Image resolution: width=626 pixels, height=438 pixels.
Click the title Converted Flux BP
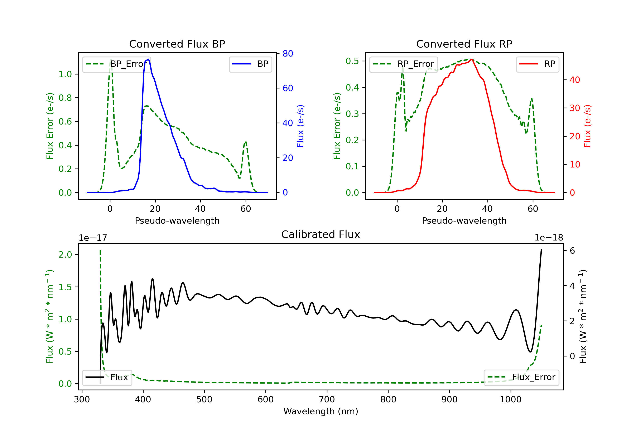(177, 44)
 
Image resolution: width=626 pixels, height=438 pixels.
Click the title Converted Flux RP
(464, 44)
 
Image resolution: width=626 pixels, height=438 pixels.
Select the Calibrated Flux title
(321, 234)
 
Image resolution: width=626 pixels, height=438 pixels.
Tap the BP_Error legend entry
(116, 64)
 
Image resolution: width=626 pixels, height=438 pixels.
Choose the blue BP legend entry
(250, 64)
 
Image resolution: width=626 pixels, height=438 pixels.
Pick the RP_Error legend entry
(404, 64)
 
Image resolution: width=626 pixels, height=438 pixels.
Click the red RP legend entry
(537, 64)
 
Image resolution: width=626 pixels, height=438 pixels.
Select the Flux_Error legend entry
(521, 377)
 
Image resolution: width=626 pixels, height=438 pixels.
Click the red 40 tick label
(575, 80)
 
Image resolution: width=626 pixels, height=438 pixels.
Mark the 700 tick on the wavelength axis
(327, 400)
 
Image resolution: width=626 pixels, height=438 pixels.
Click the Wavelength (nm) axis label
(321, 411)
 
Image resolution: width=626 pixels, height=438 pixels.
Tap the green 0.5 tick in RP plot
(352, 61)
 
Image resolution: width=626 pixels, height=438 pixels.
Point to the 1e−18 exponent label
(549, 238)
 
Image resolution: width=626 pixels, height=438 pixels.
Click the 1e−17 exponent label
(93, 238)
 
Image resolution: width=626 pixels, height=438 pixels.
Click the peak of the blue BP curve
(148, 59)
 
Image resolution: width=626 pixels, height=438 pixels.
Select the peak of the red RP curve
(471, 59)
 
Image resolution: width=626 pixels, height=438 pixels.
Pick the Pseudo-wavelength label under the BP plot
(177, 220)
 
